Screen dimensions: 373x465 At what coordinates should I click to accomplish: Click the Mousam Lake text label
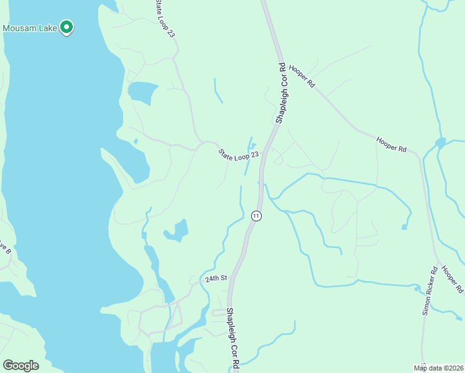pos(29,28)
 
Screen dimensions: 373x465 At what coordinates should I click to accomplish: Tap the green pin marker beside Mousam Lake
pos(66,27)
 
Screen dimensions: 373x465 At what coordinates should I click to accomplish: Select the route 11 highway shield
pos(256,216)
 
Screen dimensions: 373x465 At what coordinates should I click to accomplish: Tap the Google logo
pos(21,365)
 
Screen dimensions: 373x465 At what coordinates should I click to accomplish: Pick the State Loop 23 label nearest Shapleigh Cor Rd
pos(237,154)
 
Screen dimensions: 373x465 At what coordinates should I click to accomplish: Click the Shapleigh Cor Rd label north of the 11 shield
pos(280,93)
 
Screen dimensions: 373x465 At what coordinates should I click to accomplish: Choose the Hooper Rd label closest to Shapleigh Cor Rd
pos(302,75)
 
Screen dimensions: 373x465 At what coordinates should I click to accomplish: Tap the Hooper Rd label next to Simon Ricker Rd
pos(453,280)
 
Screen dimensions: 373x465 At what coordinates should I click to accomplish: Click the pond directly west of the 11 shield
pos(177,231)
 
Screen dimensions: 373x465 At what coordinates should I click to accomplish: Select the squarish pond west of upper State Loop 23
pos(141,92)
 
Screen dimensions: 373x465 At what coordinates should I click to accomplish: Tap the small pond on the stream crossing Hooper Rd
pos(441,143)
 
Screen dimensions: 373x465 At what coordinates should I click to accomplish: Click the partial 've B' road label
pos(5,249)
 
